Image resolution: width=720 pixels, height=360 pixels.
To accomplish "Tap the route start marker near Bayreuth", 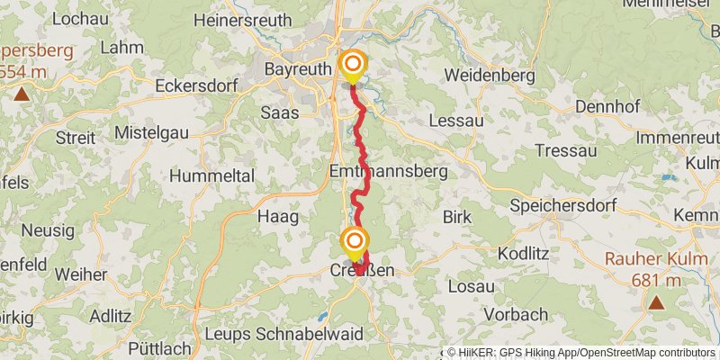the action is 354,65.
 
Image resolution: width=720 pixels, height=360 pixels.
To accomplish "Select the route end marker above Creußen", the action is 355,241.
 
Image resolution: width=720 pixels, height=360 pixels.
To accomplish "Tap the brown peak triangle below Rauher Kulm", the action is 657,303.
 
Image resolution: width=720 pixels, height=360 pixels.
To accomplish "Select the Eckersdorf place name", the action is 194,86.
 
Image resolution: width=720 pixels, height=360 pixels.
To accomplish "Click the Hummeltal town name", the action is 211,175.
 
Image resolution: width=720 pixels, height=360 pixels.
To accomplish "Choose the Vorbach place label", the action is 515,314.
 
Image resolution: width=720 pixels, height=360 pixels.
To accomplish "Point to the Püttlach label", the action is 160,348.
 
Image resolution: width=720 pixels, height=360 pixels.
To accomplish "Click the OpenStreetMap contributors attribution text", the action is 648,353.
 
